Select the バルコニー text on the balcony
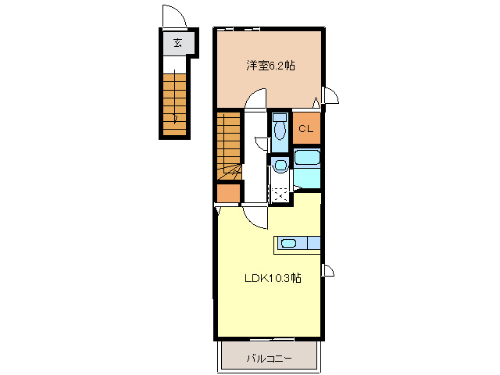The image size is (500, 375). click(269, 359)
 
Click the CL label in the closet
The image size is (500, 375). click(306, 129)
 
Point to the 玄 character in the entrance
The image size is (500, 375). click(178, 43)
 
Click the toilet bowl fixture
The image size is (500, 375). click(280, 130)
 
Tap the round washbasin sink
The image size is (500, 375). click(279, 165)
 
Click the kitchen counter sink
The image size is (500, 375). click(287, 243)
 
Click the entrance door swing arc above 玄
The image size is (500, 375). click(173, 17)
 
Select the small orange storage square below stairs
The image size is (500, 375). click(228, 193)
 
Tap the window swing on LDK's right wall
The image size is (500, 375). click(328, 270)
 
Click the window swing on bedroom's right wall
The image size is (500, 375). click(330, 97)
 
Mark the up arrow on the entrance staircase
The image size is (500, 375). click(176, 117)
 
